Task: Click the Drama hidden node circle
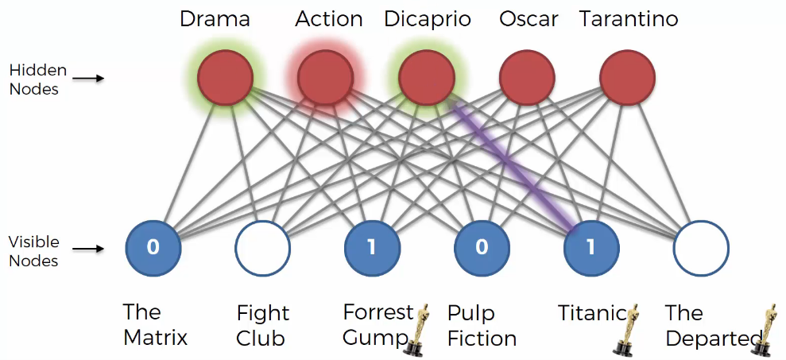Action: pos(225,78)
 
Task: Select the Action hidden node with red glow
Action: pos(325,78)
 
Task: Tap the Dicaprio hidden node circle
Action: pos(427,78)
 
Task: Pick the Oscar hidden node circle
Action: pos(527,78)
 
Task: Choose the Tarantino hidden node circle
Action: pos(628,78)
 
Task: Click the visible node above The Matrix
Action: pos(153,248)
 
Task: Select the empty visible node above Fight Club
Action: pos(263,248)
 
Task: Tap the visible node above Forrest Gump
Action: pos(373,248)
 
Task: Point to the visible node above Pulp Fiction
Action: pos(482,248)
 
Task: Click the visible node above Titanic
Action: pos(591,248)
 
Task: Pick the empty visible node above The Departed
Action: pos(701,248)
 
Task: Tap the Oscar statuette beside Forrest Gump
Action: pos(416,329)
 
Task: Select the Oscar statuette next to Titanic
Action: pos(626,329)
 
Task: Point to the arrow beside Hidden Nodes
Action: pos(88,78)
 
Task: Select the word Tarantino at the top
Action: pos(629,19)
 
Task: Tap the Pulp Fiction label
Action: pos(482,326)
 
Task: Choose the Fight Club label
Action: pos(263,326)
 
